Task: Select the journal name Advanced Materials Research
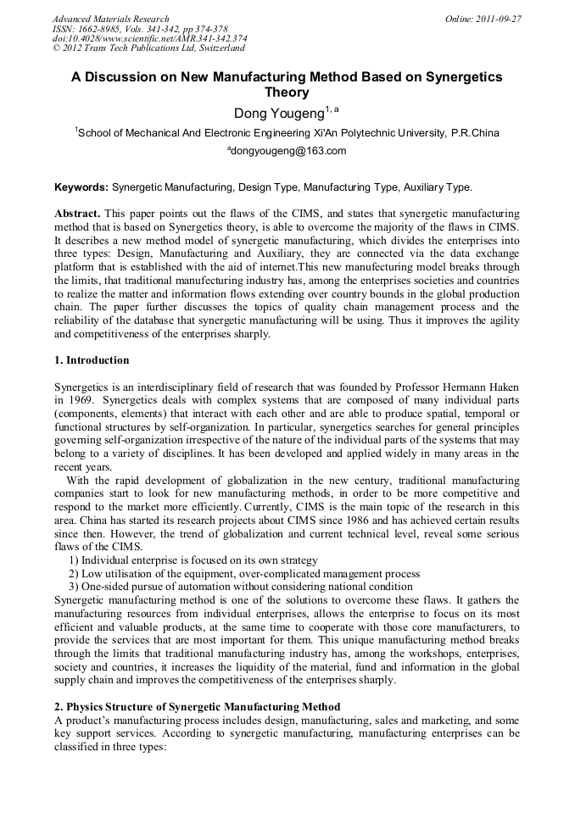[x=110, y=19]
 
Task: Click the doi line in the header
[x=149, y=38]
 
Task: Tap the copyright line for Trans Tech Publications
[x=148, y=48]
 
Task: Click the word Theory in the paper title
[x=287, y=92]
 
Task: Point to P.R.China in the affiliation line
[x=476, y=132]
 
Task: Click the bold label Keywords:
[x=81, y=187]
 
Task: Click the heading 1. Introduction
[x=92, y=360]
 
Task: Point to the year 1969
[x=77, y=399]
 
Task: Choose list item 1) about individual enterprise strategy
[x=193, y=560]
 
